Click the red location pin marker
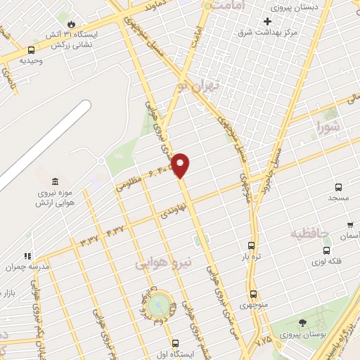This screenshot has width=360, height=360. click(181, 165)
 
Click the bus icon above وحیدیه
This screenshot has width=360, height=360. click(31, 50)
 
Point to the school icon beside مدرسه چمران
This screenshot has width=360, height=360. click(28, 257)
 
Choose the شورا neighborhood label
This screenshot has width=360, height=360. click(328, 128)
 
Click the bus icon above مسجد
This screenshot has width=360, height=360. click(339, 188)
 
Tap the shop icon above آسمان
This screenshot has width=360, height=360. click(350, 225)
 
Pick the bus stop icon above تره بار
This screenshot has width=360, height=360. click(251, 245)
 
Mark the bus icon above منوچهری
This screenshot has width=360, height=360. click(254, 294)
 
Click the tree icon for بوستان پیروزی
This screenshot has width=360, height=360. click(302, 323)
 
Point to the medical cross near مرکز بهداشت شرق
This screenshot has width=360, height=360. click(267, 21)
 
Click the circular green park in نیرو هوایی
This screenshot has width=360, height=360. click(159, 304)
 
